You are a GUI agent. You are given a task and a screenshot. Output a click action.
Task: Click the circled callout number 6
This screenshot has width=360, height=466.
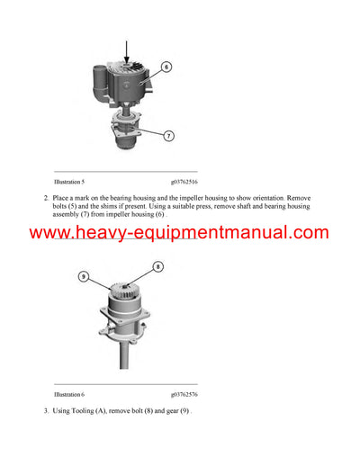tap(166, 66)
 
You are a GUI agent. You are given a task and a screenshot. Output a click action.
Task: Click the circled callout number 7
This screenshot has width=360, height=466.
tap(167, 136)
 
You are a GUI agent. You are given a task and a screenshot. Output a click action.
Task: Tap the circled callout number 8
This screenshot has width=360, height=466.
tap(157, 266)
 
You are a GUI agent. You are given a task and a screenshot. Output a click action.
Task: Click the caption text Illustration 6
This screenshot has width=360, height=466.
tap(69, 394)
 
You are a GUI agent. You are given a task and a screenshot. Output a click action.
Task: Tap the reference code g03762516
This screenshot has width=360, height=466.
tap(183, 181)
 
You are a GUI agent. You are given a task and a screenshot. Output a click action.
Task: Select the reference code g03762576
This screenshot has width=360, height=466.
tap(183, 394)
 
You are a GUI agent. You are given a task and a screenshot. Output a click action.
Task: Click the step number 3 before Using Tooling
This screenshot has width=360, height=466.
tap(46, 410)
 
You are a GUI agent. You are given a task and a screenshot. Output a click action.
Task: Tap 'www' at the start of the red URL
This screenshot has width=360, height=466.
tap(51, 233)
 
